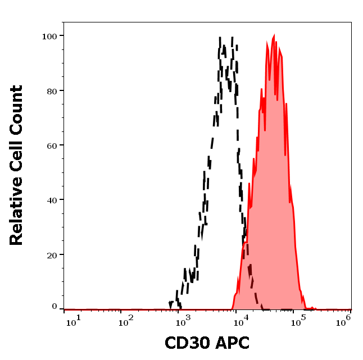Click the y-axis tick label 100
[49, 36]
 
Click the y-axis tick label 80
[52, 90]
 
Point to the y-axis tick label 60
[52, 145]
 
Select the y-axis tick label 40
[52, 199]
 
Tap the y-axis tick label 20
[52, 254]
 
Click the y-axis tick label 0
[55, 307]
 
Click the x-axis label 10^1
[73, 320]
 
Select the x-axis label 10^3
[184, 320]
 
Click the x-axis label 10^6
[344, 318]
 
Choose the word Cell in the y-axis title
[16, 150]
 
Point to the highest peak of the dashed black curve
[220, 38]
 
